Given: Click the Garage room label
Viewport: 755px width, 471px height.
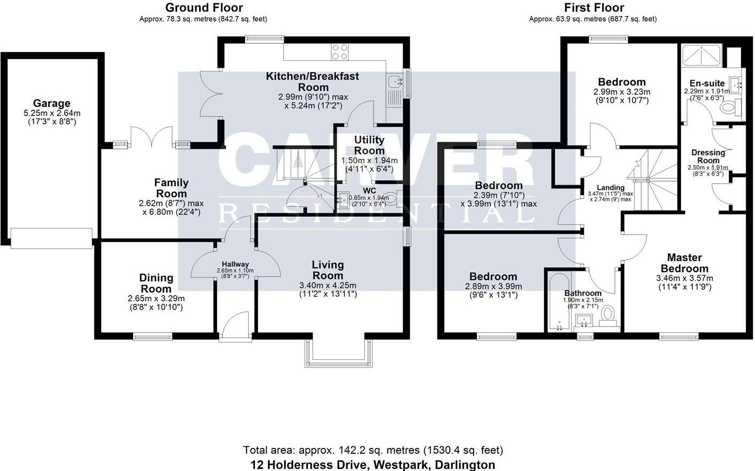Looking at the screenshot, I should pos(51,104).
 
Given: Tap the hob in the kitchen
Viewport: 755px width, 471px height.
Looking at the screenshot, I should pos(339,52).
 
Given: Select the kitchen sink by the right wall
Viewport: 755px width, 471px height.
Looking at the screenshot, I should pos(395,82).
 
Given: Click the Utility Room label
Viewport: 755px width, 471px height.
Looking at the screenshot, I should pos(369,145).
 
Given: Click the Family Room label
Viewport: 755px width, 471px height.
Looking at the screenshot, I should pos(171,188).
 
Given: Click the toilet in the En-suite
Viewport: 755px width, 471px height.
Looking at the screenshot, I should pos(729,108).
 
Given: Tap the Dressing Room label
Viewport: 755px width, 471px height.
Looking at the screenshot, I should pos(708,156).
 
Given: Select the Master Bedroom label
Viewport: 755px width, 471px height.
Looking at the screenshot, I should pos(684,263).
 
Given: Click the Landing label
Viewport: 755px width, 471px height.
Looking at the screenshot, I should pos(610,187).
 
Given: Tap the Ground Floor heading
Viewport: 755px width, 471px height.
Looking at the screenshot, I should pos(204,8).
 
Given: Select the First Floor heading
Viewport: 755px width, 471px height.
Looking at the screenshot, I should pos(594,8).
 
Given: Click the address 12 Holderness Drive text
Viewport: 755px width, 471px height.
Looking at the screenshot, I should pos(373,465).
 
